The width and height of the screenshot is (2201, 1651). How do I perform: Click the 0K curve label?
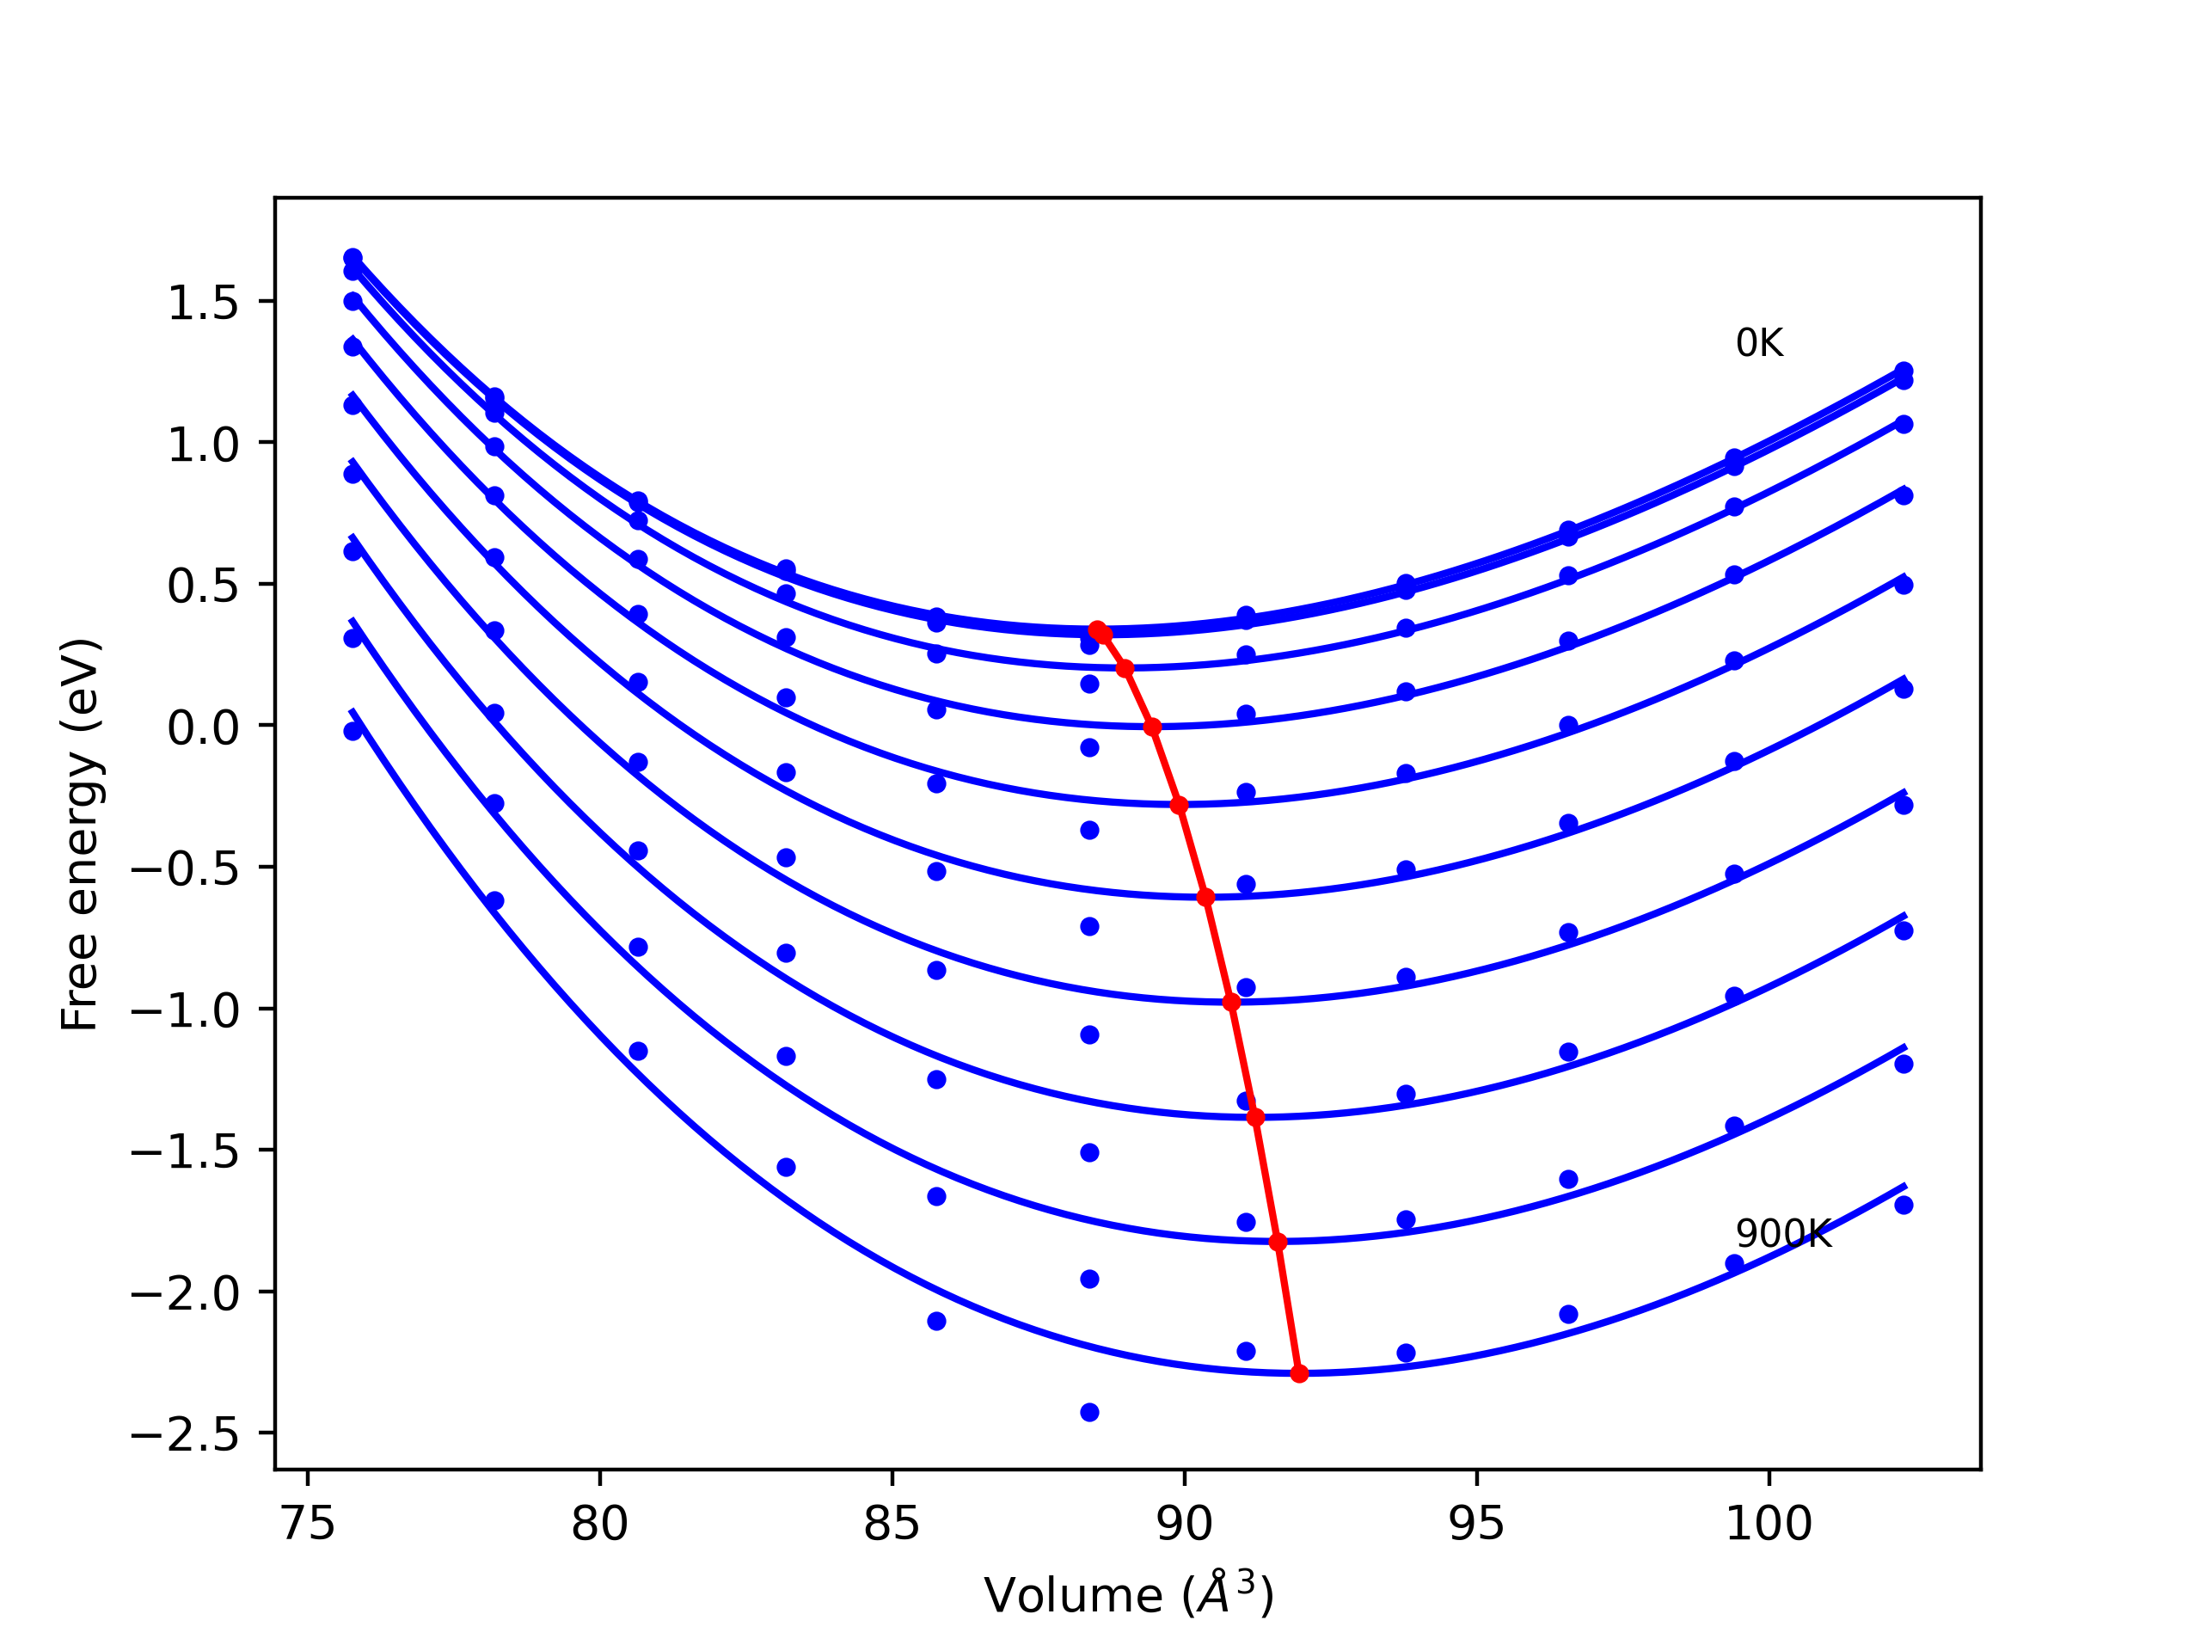[x=1758, y=343]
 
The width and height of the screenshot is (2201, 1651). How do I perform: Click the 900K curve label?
[x=1783, y=1234]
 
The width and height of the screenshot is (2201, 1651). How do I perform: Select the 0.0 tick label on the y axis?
[x=203, y=727]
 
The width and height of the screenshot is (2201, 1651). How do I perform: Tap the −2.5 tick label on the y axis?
[x=185, y=1434]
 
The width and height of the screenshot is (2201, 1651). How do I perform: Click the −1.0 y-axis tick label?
[x=185, y=1010]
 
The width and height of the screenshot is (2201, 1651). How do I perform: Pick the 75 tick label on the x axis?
[x=308, y=1525]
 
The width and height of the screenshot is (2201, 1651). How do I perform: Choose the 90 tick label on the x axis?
[x=1184, y=1525]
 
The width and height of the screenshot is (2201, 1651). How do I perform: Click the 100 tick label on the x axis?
[x=1769, y=1525]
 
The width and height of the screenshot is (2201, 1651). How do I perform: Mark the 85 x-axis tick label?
[x=892, y=1525]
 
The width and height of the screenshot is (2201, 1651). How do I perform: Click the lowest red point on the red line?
[x=1299, y=1374]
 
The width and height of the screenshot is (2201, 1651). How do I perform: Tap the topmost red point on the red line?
[x=1098, y=630]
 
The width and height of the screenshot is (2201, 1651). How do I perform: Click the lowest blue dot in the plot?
[x=1089, y=1413]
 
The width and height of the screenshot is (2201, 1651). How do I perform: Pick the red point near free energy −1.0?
[x=1232, y=1002]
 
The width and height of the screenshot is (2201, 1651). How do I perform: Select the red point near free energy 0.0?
[x=1152, y=727]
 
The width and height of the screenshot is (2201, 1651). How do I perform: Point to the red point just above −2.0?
[x=1278, y=1242]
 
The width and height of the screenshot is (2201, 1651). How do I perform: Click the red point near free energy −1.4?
[x=1256, y=1118]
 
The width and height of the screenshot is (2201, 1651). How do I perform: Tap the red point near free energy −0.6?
[x=1206, y=898]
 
